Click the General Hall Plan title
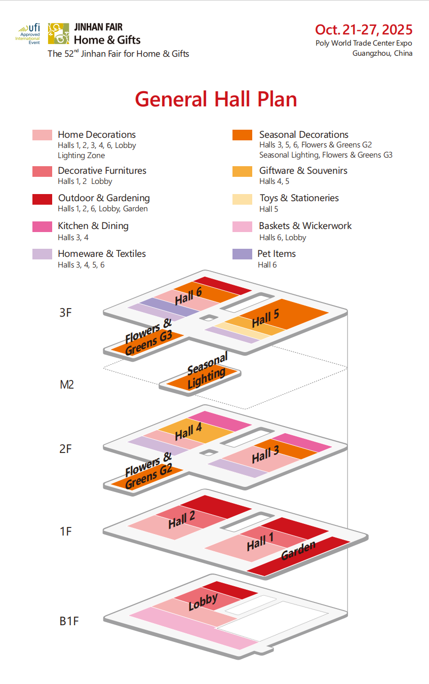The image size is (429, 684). coord(216,99)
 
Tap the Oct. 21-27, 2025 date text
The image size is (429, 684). coord(364,29)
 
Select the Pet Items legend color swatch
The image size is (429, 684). coord(242,254)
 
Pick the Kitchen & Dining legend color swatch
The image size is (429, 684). coord(42,226)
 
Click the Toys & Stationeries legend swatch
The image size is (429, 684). coord(242,199)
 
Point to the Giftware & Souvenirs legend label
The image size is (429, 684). coord(303,171)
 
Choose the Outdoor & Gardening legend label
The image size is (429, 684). coord(103,198)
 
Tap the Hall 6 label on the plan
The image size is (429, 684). coord(188,296)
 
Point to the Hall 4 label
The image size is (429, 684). coord(188,432)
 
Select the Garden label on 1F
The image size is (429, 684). coord(298,550)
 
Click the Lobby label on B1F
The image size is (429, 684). coord(203,601)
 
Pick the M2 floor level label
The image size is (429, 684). coord(67,385)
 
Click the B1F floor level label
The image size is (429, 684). coord(69,621)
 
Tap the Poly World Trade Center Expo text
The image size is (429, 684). coord(364,43)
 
